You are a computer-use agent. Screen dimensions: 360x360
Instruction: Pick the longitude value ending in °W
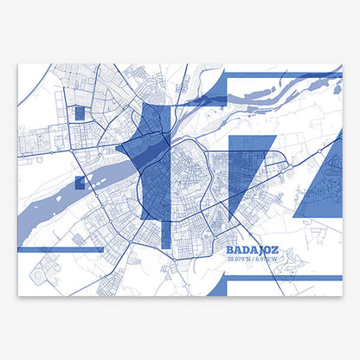[x=268, y=256]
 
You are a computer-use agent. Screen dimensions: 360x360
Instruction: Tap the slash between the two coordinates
[x=254, y=256]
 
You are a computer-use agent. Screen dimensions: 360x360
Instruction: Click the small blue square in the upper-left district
[x=80, y=112]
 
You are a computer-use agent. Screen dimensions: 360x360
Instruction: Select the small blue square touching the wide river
[x=80, y=182]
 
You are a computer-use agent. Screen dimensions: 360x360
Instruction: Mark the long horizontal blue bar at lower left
[x=60, y=249]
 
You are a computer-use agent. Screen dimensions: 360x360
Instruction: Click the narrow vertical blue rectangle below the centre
[x=165, y=232]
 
